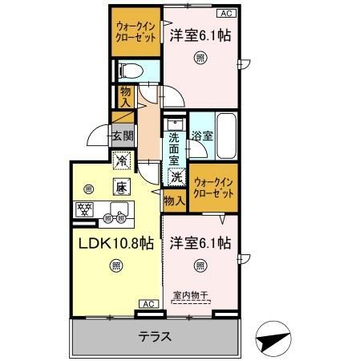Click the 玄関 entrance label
tap(121, 136)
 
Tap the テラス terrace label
tap(156, 337)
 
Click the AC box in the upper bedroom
tap(226, 13)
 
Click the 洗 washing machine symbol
tap(176, 176)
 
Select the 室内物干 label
tap(190, 295)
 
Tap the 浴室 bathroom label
tap(202, 136)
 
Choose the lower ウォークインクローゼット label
tap(214, 189)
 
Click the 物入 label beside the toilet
tap(126, 97)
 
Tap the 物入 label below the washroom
tap(173, 200)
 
